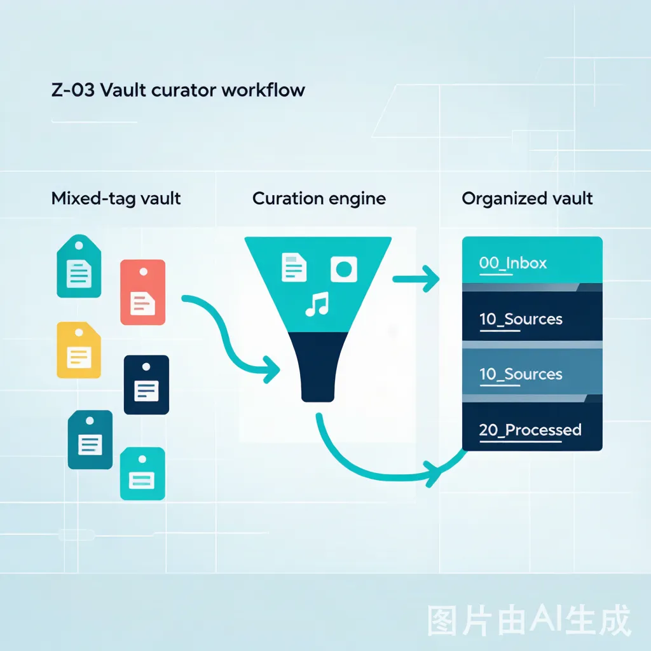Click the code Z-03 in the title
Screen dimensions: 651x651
[x=73, y=90]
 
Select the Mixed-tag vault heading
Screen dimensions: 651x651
[x=116, y=199]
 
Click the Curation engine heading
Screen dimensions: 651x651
[x=319, y=199]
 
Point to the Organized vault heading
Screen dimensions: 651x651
[x=527, y=199]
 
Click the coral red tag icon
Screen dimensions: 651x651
[x=143, y=292]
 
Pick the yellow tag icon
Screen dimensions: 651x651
[x=79, y=350]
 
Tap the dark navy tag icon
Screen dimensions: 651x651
[x=146, y=385]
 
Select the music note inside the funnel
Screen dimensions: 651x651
[x=317, y=305]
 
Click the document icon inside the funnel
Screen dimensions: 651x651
[x=294, y=268]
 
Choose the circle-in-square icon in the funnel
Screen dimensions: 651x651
[x=344, y=269]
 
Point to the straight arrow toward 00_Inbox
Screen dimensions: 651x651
[x=416, y=279]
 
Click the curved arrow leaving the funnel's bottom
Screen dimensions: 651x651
[x=374, y=472]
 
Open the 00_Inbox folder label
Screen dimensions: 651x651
[x=513, y=263]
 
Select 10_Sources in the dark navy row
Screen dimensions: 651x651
[x=521, y=319]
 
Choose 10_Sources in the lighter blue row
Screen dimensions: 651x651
[x=521, y=374]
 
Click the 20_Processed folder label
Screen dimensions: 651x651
[x=530, y=430]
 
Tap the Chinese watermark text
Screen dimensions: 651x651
[x=530, y=620]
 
